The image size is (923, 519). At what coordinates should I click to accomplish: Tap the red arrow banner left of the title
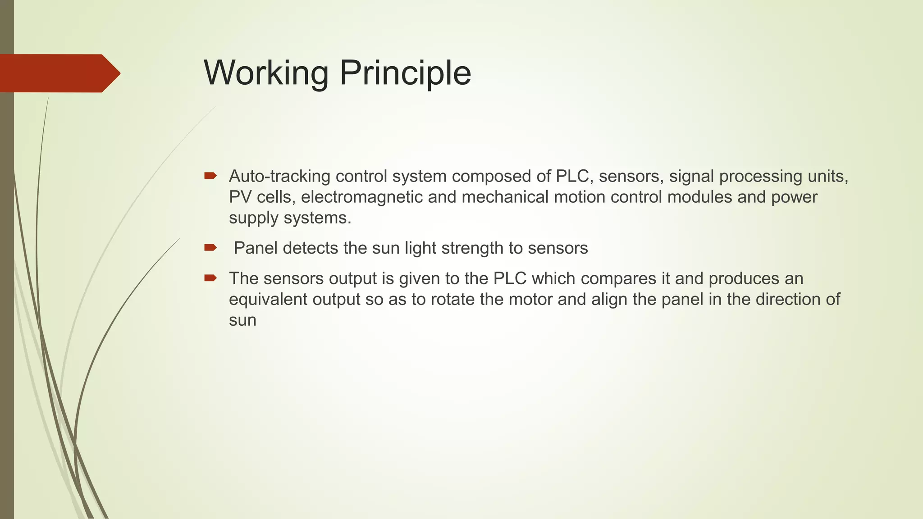coord(59,73)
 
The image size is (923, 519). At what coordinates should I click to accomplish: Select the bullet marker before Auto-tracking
coord(210,176)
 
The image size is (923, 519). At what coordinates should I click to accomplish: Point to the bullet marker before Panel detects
coord(210,247)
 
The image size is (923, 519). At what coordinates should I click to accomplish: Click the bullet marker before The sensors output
coord(210,278)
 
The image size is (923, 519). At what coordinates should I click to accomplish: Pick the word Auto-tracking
coord(279,176)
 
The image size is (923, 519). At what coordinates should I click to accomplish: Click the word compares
coord(618,278)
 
